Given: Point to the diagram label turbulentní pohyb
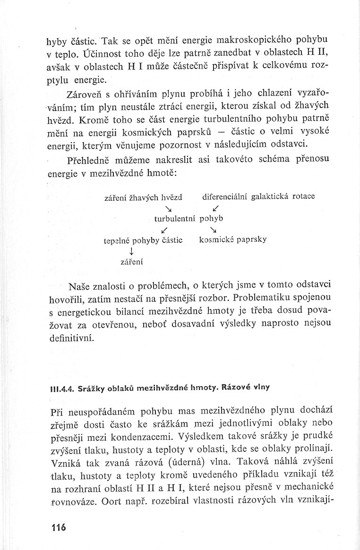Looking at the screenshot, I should click(x=189, y=219).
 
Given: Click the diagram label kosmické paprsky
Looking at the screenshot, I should click(x=233, y=239).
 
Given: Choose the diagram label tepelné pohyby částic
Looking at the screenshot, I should click(x=143, y=240).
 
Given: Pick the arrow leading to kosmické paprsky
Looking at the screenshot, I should click(x=214, y=230).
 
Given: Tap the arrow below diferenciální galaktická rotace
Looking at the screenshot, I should click(x=215, y=208).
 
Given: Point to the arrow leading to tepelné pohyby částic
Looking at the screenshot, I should click(x=164, y=230).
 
